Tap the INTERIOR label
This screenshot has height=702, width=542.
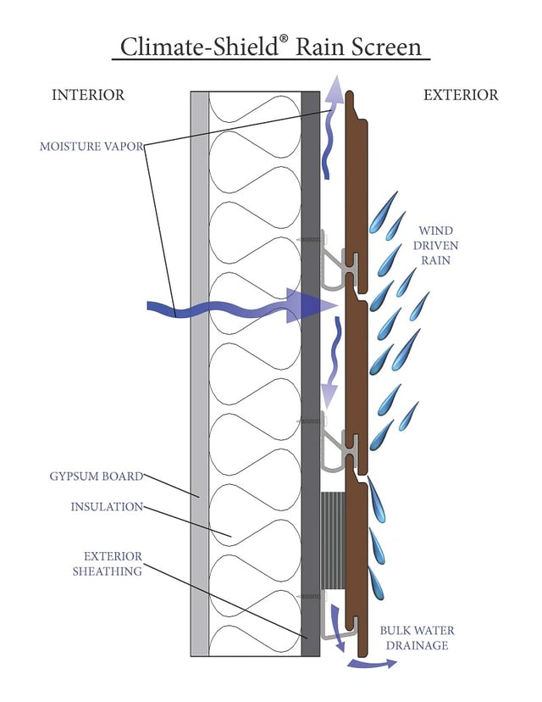pos(88,95)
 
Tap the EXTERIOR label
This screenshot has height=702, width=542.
pos(461,95)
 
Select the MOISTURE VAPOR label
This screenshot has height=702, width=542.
pos(91,146)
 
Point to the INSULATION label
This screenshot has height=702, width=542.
pos(106,507)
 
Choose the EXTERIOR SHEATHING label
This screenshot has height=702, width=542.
pos(113,564)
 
